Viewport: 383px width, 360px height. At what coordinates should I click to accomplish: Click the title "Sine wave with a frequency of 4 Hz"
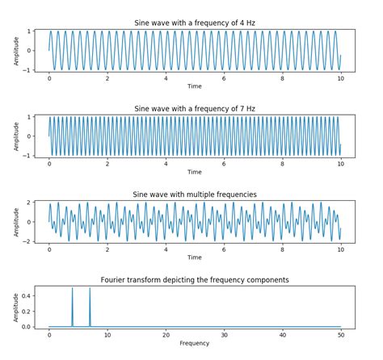[195, 23]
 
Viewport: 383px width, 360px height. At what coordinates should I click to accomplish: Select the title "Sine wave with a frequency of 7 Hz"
[195, 108]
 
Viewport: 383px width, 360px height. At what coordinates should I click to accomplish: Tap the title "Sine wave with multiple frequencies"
[195, 195]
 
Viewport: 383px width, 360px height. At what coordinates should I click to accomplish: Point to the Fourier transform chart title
[195, 280]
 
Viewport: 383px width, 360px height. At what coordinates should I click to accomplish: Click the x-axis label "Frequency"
[195, 343]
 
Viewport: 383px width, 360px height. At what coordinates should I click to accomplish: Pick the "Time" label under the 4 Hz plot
[195, 86]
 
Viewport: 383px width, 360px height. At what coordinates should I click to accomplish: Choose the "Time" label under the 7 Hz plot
[195, 171]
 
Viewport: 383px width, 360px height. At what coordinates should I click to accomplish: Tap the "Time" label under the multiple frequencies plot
[195, 257]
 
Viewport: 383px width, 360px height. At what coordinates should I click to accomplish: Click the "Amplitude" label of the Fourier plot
[15, 308]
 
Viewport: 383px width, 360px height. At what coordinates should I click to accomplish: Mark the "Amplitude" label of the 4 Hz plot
[15, 50]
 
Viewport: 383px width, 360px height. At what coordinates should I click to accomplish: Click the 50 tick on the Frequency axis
[340, 333]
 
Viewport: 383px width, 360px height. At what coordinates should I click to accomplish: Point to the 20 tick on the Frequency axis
[166, 333]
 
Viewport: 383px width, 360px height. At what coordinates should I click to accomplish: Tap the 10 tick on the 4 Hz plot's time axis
[340, 77]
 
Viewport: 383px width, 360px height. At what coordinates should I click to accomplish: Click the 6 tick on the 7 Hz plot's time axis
[224, 162]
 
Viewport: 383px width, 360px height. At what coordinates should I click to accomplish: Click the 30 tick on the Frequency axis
[224, 333]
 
